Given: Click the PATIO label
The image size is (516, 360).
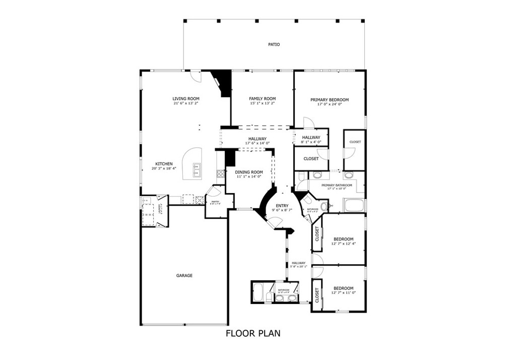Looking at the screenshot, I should point(274,45).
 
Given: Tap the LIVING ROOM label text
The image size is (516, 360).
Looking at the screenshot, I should point(186,98).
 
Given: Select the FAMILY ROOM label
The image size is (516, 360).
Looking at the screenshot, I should point(263,98).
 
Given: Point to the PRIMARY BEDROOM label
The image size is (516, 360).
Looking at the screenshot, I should point(330,100).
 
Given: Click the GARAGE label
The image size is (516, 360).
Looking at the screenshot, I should point(184,276).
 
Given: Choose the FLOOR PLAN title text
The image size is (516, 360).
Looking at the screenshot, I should point(252,333).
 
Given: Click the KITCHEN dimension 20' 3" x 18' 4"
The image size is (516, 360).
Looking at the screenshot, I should point(164,169).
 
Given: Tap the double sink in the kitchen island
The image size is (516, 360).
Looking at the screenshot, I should point(197,170).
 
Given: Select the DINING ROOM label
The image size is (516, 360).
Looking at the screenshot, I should point(249,172).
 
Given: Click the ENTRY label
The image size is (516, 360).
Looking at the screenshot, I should point(282,205).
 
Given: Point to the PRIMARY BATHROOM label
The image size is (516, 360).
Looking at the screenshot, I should point(337,185).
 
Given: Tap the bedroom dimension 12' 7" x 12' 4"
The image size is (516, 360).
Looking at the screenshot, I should point(343,244).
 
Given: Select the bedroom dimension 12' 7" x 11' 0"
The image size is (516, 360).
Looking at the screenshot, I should point(343,293).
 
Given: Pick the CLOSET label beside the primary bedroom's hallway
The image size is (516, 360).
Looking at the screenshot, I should point(311,159).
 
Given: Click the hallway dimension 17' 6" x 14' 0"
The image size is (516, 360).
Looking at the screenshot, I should point(257,143).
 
